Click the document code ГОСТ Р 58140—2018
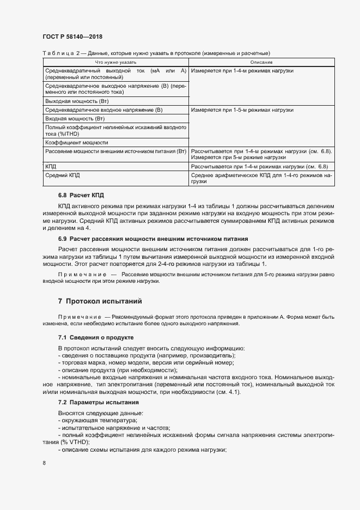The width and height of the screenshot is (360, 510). pyautogui.click(x=72, y=37)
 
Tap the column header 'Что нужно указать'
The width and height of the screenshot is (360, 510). pyautogui.click(x=115, y=63)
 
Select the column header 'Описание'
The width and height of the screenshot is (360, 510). pyautogui.click(x=261, y=63)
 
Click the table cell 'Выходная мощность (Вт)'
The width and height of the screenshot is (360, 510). pyautogui.click(x=72, y=101)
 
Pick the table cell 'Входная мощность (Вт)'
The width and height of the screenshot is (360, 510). pyautogui.click(x=70, y=118)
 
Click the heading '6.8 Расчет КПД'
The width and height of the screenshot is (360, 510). pyautogui.click(x=81, y=195)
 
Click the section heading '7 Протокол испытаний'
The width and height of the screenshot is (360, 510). pyautogui.click(x=100, y=301)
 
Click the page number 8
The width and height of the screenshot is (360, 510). pyautogui.click(x=44, y=463)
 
